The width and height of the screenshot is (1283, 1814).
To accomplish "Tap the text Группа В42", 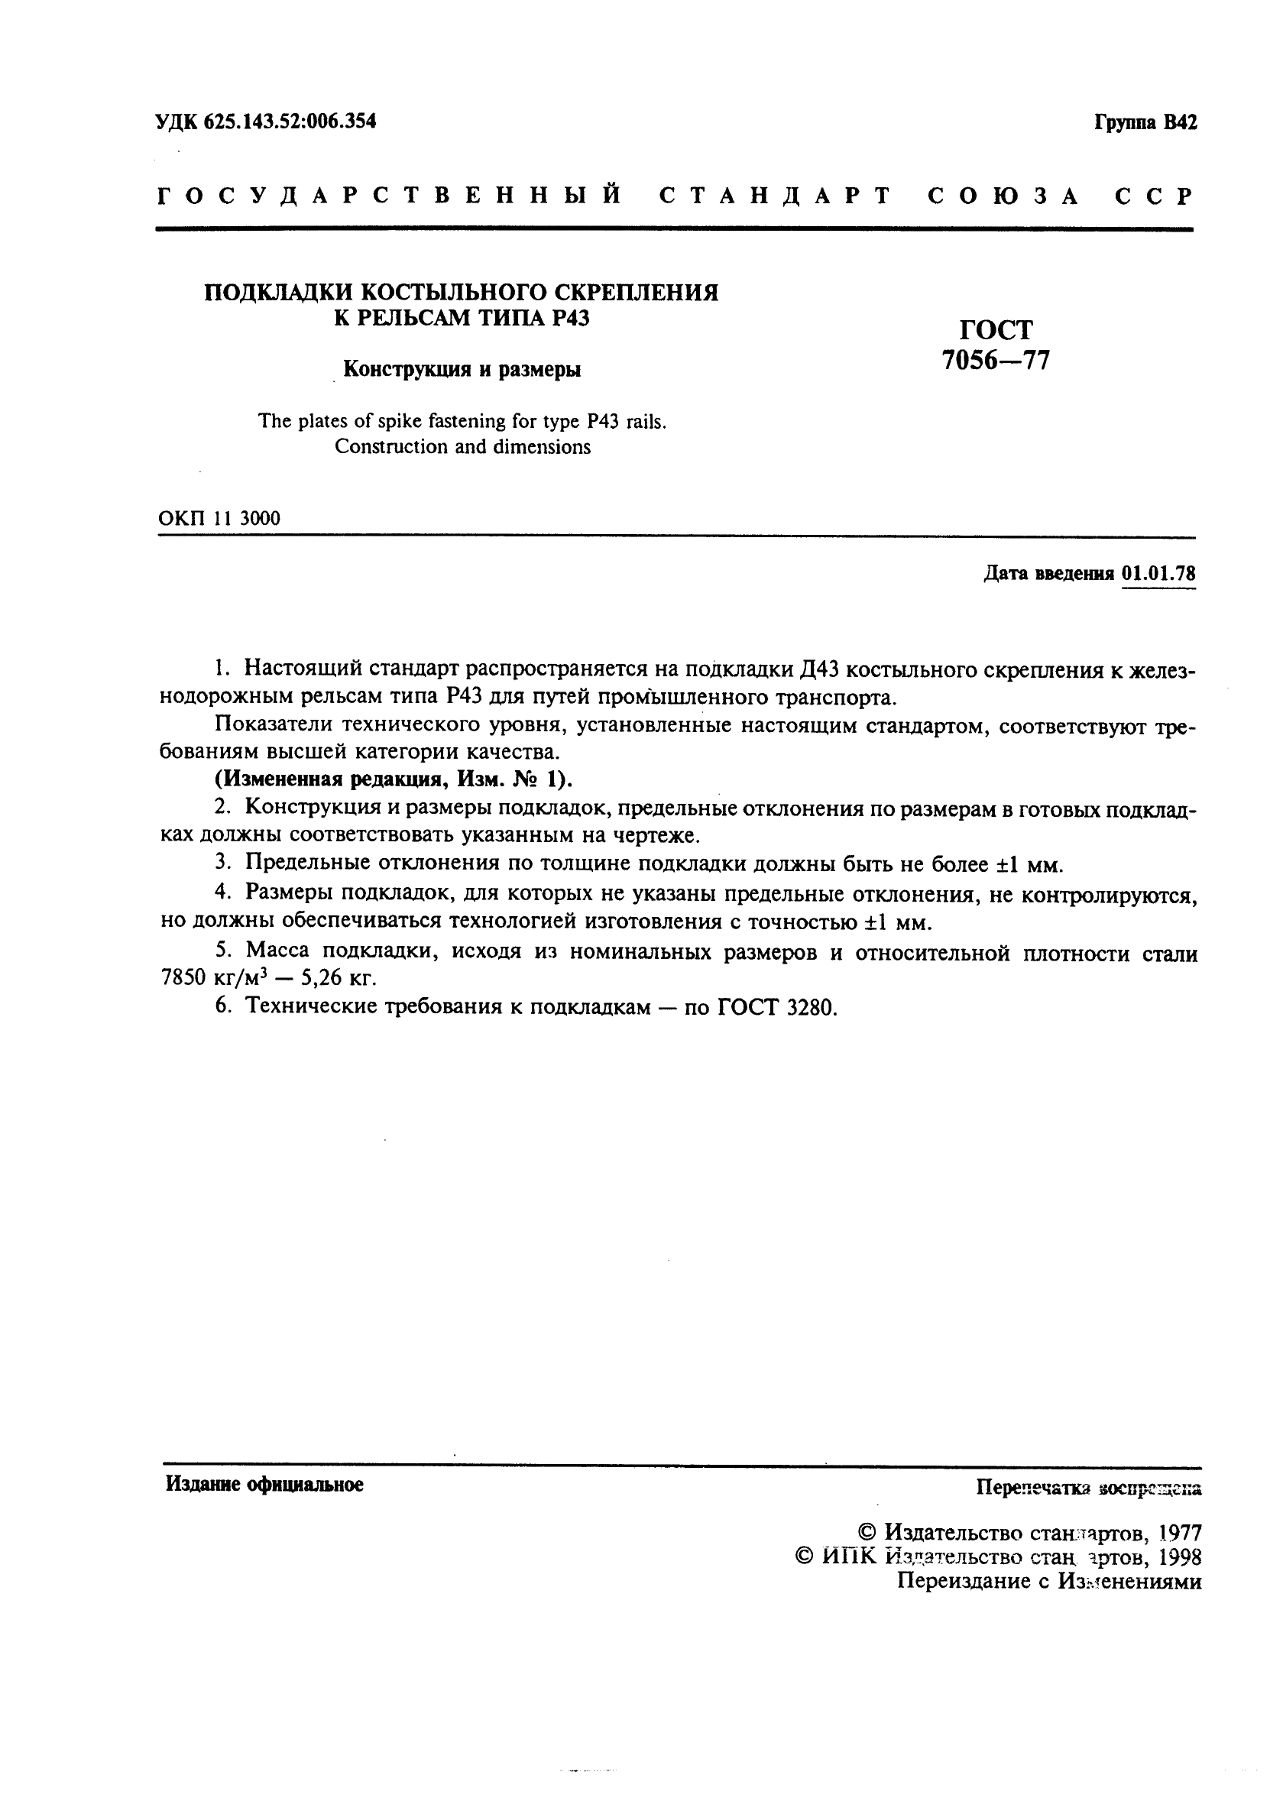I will (x=1145, y=123).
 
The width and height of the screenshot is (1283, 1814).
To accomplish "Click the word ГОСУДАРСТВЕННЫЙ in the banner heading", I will (x=390, y=196).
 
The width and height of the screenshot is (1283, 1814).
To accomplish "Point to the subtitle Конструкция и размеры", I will (x=462, y=369).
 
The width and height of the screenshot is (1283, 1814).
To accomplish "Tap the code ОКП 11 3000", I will (x=219, y=518).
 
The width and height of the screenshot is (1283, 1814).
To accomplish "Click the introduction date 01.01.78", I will (x=1158, y=573).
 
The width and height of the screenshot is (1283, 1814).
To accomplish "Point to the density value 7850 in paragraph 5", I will (x=183, y=979).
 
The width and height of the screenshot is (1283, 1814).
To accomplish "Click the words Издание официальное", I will (x=264, y=1485).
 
